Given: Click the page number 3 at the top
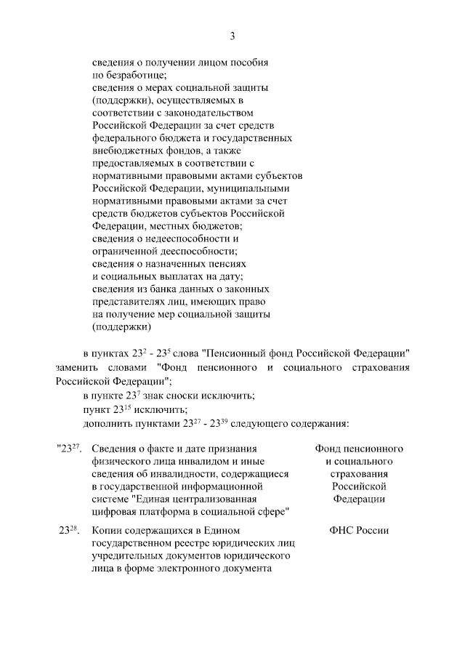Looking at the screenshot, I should (232, 36).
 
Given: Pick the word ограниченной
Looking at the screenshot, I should (126, 251).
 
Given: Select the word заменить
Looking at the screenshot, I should (77, 368).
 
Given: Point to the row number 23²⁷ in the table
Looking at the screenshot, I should (68, 449).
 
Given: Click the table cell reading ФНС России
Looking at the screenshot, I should (359, 531).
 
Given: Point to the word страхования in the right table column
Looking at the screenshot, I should (359, 473).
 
